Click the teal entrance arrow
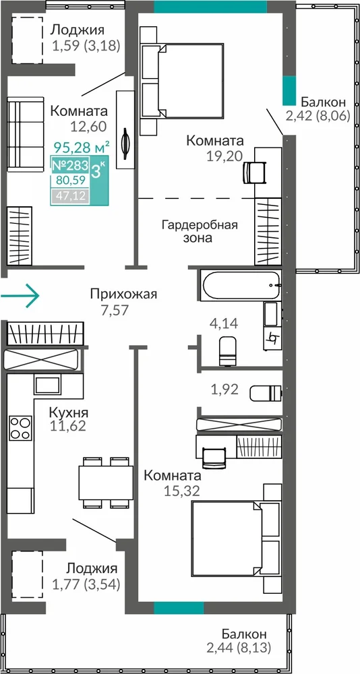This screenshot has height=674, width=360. click(x=20, y=296)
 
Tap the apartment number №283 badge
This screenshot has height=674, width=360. click(x=69, y=165)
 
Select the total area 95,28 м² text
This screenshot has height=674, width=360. click(x=82, y=148)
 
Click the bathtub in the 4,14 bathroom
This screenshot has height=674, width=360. click(x=241, y=285)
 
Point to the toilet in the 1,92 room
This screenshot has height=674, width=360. click(x=266, y=392)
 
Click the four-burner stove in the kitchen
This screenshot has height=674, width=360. click(x=21, y=428)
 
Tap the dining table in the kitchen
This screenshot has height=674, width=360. click(x=106, y=483)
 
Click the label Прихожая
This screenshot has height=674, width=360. click(x=123, y=295)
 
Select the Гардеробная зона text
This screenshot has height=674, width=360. click(x=200, y=231)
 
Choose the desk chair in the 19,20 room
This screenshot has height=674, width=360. click(x=255, y=172)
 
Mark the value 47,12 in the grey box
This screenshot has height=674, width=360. click(x=70, y=196)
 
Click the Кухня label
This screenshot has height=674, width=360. click(x=69, y=413)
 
